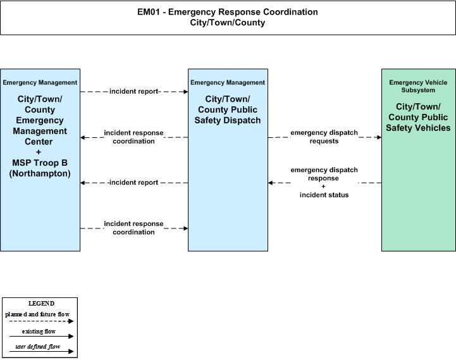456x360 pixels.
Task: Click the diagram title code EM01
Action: point(149,12)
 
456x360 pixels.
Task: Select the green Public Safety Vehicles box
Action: point(419,160)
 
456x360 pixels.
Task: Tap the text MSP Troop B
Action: point(40,163)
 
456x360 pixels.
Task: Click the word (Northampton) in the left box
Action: point(40,173)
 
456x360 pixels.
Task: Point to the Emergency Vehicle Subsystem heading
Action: point(418,87)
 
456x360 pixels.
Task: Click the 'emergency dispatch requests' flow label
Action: point(324,137)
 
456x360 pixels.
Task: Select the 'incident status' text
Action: point(324,195)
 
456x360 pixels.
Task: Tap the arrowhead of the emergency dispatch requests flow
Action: point(379,137)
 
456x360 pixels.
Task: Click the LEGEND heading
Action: point(41,304)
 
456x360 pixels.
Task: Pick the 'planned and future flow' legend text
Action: point(37,314)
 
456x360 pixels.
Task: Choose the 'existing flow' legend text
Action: point(39,332)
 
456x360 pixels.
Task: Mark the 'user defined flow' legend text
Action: point(37,347)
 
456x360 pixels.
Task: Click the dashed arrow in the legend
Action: point(41,321)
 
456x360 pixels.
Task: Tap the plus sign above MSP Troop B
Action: point(39,152)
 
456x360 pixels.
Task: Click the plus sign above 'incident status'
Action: point(323,187)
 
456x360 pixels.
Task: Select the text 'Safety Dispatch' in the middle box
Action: point(228,120)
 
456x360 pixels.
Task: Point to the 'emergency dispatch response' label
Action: point(324,174)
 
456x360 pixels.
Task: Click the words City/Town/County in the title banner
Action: point(228,23)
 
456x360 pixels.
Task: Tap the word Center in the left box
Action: point(39,142)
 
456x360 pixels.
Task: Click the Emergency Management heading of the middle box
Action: point(228,83)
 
